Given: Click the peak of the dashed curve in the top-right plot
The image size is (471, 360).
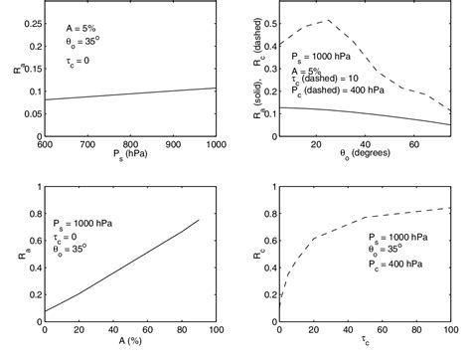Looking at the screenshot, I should click(x=329, y=20).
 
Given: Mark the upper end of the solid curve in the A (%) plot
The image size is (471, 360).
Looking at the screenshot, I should click(x=198, y=220).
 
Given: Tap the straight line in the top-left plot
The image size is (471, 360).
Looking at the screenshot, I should click(x=126, y=94).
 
